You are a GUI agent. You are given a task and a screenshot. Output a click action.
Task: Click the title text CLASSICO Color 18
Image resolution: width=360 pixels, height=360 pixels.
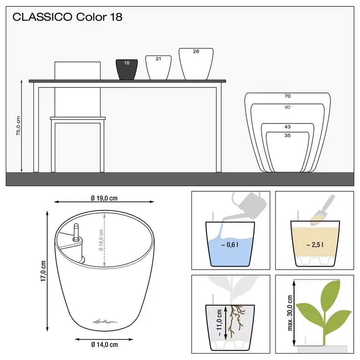tap(67, 17)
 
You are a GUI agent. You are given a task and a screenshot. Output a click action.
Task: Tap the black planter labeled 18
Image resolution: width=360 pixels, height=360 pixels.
tap(127, 69)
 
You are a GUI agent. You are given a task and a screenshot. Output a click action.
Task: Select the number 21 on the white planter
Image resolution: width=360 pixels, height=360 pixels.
tap(158, 59)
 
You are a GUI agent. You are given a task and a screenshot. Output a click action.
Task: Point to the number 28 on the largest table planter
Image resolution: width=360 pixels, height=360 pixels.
tap(196, 51)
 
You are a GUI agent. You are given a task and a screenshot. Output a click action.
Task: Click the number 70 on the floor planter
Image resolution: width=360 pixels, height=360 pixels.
tap(287, 96)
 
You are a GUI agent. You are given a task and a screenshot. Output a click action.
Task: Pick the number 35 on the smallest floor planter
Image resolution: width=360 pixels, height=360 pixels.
tap(287, 135)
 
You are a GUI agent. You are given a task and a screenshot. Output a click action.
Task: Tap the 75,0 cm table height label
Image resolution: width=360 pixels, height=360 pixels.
tap(19, 126)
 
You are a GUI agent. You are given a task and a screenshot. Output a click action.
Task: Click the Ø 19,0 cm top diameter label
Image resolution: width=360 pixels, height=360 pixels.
tap(104, 198)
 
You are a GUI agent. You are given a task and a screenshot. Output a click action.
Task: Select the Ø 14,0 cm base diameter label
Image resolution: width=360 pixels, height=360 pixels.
tap(104, 345)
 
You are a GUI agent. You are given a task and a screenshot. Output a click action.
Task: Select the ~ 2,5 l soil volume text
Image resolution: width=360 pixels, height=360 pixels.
tap(315, 245)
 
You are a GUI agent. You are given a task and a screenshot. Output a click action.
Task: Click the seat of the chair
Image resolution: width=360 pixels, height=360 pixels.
tap(78, 118)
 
